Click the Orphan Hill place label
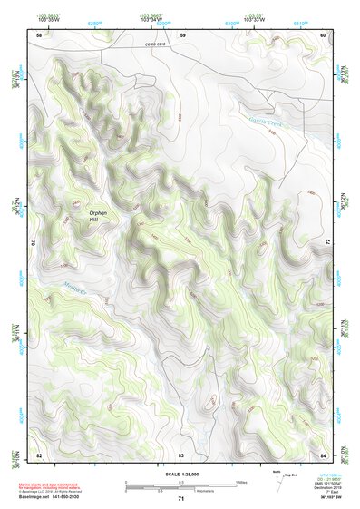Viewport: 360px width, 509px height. [98, 217]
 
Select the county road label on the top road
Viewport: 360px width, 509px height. [158, 44]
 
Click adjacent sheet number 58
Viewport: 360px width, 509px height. [39, 34]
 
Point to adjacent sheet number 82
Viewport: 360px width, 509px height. [39, 454]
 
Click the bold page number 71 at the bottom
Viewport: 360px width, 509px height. [181, 498]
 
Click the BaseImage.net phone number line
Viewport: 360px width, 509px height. [56, 497]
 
